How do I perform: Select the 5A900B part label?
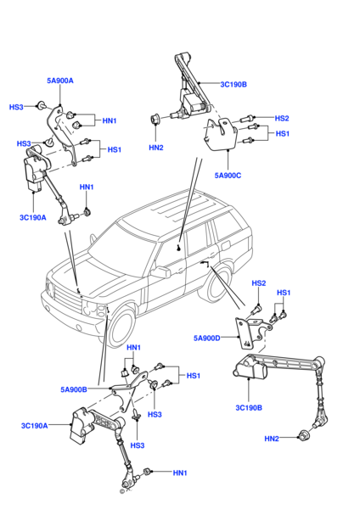75,389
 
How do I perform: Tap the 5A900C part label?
228,176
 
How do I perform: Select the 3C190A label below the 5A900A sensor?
33,216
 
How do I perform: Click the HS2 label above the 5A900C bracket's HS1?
282,118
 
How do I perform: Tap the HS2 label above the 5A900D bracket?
259,282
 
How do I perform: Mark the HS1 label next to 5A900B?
194,375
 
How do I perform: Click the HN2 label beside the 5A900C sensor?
155,147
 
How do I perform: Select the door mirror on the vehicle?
159,272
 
